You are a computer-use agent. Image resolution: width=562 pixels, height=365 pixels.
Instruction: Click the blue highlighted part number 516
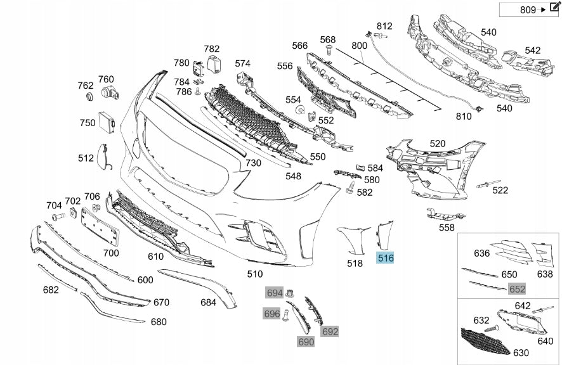point(386,258)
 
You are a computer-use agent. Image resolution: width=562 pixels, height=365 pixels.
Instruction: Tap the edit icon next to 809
point(556,9)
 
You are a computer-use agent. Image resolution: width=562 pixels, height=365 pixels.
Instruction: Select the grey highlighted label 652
point(517,289)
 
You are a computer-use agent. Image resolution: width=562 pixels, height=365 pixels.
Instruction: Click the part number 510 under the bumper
point(254,274)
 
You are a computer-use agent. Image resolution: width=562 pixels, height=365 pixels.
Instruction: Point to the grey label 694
point(274,293)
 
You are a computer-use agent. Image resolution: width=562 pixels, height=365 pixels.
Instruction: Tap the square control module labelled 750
point(106,121)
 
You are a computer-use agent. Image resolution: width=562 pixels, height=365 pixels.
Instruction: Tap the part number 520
point(438,144)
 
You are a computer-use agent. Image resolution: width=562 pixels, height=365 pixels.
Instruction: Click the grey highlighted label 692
point(330,331)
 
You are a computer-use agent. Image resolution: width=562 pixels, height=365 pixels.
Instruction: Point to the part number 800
point(359,46)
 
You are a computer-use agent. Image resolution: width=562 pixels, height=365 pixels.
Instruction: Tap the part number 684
point(208,302)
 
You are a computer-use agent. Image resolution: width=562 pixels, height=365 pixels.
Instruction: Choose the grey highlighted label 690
point(306,342)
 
